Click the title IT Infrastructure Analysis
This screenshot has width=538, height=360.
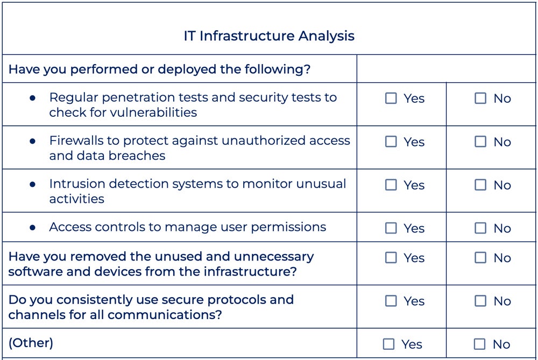pos(269,36)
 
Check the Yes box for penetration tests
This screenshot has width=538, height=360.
pos(391,98)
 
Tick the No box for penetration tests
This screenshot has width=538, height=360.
pos(480,98)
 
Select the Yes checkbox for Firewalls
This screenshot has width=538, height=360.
pos(391,142)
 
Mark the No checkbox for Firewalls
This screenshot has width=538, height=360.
pos(480,142)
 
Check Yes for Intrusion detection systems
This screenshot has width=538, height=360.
pos(391,185)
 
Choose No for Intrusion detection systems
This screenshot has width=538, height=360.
pos(480,185)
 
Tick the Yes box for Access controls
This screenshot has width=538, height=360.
pos(391,228)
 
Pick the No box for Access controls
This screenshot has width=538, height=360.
pos(480,228)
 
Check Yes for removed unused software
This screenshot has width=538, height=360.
pos(391,258)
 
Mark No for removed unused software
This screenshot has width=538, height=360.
pos(480,258)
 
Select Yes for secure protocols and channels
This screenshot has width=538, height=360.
pos(391,301)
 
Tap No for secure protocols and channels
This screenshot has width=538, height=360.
pos(480,301)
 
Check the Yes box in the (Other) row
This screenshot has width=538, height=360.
pos(388,344)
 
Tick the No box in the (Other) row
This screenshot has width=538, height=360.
pos(479,344)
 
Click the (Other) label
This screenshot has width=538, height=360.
pos(31,343)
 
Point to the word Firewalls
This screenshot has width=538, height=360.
pos(74,140)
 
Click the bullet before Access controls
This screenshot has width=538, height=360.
pos(33,228)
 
